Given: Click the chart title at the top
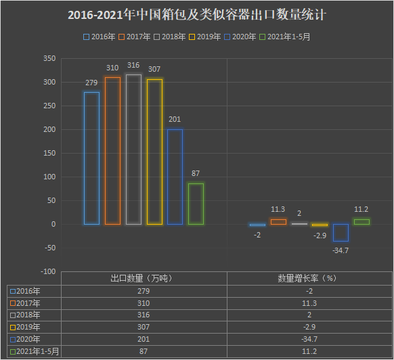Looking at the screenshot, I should coord(196,15).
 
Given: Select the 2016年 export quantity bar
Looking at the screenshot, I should coord(91,158).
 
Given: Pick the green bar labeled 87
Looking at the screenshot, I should coord(196,204).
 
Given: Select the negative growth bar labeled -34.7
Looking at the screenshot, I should coord(341,233).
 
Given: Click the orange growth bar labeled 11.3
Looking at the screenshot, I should coord(278,221).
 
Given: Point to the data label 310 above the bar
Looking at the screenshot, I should coord(112,68).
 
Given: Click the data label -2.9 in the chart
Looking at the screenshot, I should coord(320,235).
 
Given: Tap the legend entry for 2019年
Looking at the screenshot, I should coord(206,37).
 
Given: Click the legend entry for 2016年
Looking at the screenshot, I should coord(98,37).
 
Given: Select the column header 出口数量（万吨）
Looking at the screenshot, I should coord(144,278).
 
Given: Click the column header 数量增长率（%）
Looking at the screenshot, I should coord(308,278).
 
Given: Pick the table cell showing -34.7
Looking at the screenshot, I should coord(308,339).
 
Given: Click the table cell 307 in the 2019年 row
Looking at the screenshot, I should coord(144,327).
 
